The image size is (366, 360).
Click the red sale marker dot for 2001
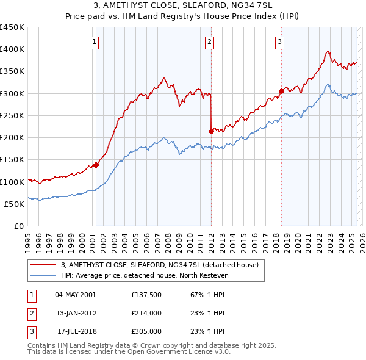click(x=96, y=165)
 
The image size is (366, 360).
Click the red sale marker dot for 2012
click(x=211, y=131)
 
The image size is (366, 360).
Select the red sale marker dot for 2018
click(x=281, y=91)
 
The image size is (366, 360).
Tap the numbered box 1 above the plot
click(x=95, y=42)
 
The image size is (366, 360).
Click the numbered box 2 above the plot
click(x=209, y=42)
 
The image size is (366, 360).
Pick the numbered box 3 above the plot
click(x=279, y=42)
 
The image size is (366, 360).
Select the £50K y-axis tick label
click(x=15, y=204)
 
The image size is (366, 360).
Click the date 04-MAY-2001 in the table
click(x=75, y=295)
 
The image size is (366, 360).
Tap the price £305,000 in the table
click(x=146, y=331)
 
